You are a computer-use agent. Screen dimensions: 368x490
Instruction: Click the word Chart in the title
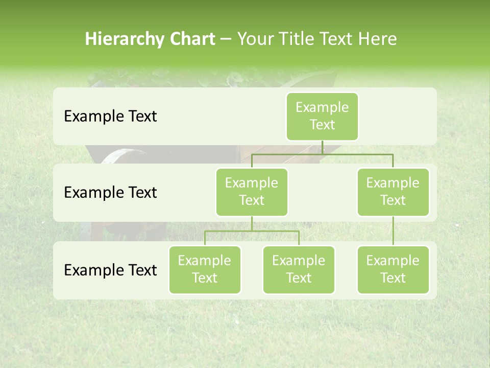pyautogui.click(x=192, y=39)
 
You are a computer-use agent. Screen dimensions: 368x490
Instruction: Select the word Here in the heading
pyautogui.click(x=377, y=39)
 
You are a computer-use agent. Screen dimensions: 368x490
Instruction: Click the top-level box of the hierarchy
pyautogui.click(x=322, y=116)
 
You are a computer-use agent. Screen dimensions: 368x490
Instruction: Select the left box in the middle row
pyautogui.click(x=252, y=192)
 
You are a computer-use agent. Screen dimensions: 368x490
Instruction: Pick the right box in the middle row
pyautogui.click(x=393, y=192)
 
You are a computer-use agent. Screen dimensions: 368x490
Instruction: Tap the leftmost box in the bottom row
pyautogui.click(x=205, y=269)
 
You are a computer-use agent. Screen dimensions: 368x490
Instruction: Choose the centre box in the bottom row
pyautogui.click(x=299, y=269)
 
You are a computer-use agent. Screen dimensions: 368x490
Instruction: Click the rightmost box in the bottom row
pyautogui.click(x=393, y=269)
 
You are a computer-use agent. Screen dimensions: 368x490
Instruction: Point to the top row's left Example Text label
pyautogui.click(x=110, y=117)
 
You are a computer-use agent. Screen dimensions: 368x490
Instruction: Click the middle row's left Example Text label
pyautogui.click(x=110, y=193)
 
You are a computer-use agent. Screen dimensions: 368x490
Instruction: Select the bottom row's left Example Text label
pyautogui.click(x=110, y=270)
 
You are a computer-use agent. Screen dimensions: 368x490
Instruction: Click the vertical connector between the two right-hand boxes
pyautogui.click(x=393, y=231)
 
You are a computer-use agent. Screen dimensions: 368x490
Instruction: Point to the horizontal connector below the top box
pyautogui.click(x=322, y=154)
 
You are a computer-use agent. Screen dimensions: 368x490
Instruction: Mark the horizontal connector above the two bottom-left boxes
pyautogui.click(x=252, y=231)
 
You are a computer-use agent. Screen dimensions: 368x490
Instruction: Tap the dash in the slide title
pyautogui.click(x=226, y=39)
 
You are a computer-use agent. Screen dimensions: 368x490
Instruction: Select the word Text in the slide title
pyautogui.click(x=338, y=39)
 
